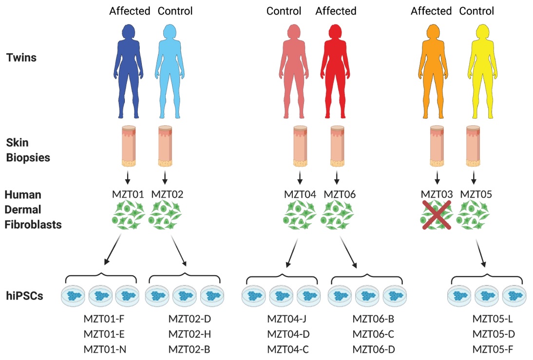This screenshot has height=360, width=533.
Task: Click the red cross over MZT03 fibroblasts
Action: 437,215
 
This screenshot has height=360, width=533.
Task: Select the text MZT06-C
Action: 374,335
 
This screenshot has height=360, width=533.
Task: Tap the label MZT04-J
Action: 288,320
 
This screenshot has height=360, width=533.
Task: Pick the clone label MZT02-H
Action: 190,335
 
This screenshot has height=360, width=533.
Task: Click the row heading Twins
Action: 21,58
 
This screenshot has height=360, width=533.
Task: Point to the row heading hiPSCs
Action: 25,295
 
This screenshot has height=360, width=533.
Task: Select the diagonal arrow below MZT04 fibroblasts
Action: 294,251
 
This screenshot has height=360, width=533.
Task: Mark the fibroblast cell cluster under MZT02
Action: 166,216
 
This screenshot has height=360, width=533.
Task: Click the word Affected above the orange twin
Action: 431,11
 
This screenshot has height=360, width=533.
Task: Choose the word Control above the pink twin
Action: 284,11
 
